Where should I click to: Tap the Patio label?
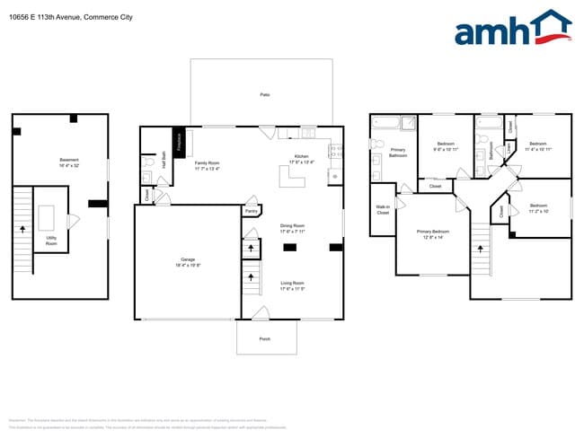264,93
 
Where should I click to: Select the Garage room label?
188,262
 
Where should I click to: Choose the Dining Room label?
293,228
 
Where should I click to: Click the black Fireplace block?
179,144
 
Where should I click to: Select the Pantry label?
251,211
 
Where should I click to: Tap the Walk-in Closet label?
382,210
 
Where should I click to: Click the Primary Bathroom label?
398,153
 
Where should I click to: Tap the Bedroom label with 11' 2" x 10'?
537,209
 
